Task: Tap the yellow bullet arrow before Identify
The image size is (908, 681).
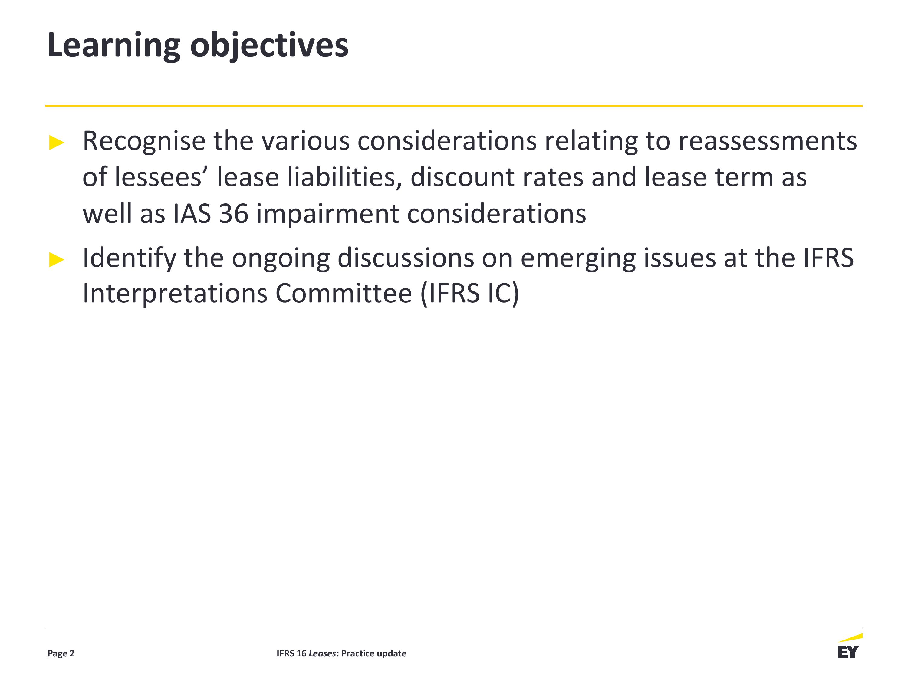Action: pos(57,259)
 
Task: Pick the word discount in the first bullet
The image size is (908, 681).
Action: pos(462,177)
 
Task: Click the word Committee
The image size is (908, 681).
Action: pos(344,294)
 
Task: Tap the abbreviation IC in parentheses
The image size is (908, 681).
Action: pos(499,294)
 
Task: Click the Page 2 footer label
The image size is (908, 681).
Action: pos(61,653)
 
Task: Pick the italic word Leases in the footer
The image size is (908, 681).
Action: pos(322,653)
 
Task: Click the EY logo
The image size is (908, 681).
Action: pos(849,646)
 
